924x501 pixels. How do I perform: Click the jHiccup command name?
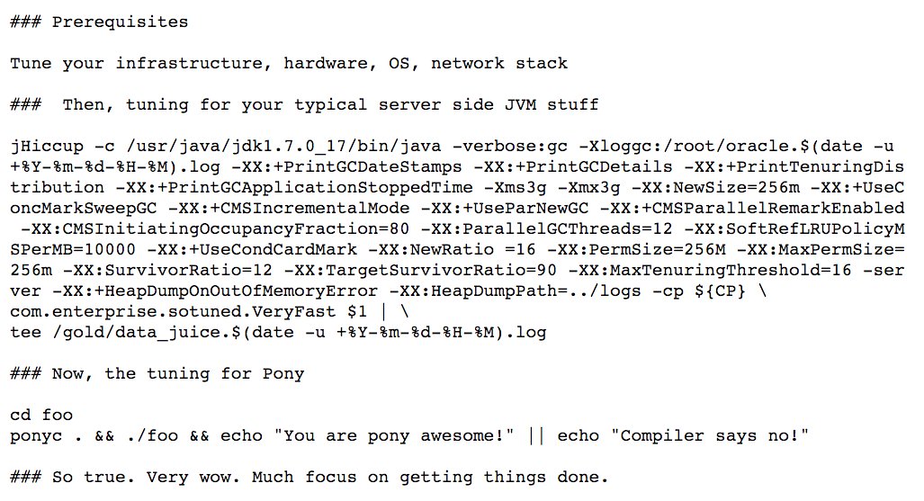(46, 146)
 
